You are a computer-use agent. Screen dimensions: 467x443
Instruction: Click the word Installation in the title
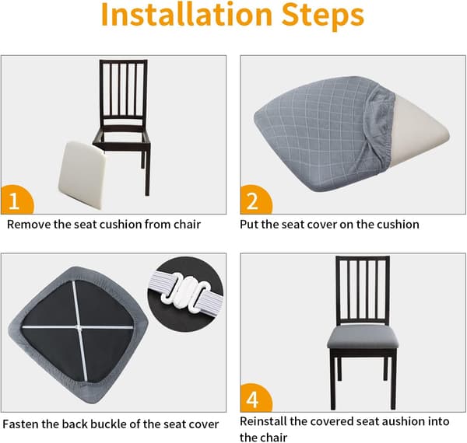187,14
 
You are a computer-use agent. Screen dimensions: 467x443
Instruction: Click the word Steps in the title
323,16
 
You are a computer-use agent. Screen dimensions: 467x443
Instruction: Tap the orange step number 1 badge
16,200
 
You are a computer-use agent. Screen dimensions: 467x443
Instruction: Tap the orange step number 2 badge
255,200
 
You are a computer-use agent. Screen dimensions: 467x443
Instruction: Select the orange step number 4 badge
255,398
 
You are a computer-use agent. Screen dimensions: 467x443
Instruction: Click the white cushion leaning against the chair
83,175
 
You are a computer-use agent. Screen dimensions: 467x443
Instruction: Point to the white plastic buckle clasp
185,291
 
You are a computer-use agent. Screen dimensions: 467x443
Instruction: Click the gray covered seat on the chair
363,338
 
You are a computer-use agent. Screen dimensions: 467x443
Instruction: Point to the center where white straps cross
79,327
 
